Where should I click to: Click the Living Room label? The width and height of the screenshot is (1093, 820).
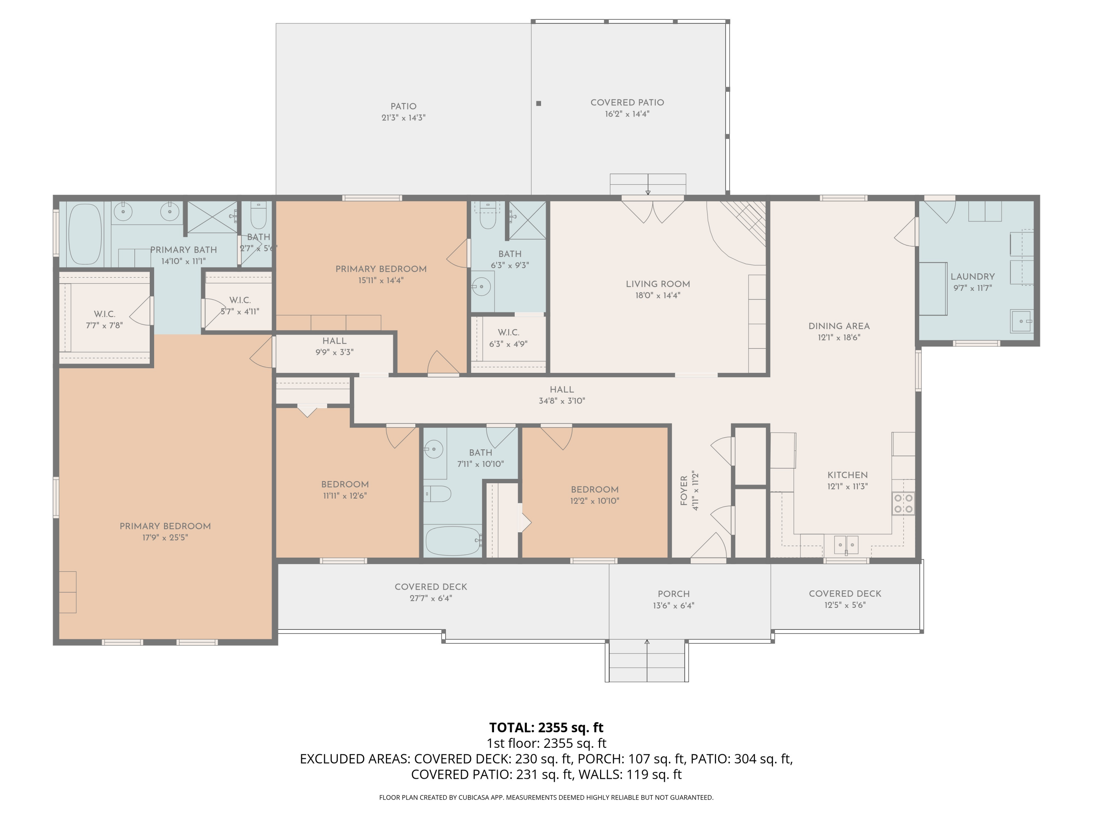658,284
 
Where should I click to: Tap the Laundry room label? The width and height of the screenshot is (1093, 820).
972,277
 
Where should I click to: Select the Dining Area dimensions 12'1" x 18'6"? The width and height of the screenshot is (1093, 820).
839,337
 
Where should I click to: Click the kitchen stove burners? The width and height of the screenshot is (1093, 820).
903,504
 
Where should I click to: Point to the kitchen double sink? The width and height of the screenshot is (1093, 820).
846,545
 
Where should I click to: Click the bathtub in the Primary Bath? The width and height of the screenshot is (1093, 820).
85,234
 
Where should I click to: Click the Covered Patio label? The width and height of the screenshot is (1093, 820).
627,103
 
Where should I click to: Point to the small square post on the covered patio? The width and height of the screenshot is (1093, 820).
538,103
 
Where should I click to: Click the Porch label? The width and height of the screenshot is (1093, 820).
674,594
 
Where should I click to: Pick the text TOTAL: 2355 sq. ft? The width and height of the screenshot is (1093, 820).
546,727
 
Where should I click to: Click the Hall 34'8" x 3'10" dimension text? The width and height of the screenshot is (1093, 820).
562,401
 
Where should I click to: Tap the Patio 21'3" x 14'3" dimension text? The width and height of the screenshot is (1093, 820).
404,118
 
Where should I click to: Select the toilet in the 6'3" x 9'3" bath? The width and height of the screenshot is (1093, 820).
488,216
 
